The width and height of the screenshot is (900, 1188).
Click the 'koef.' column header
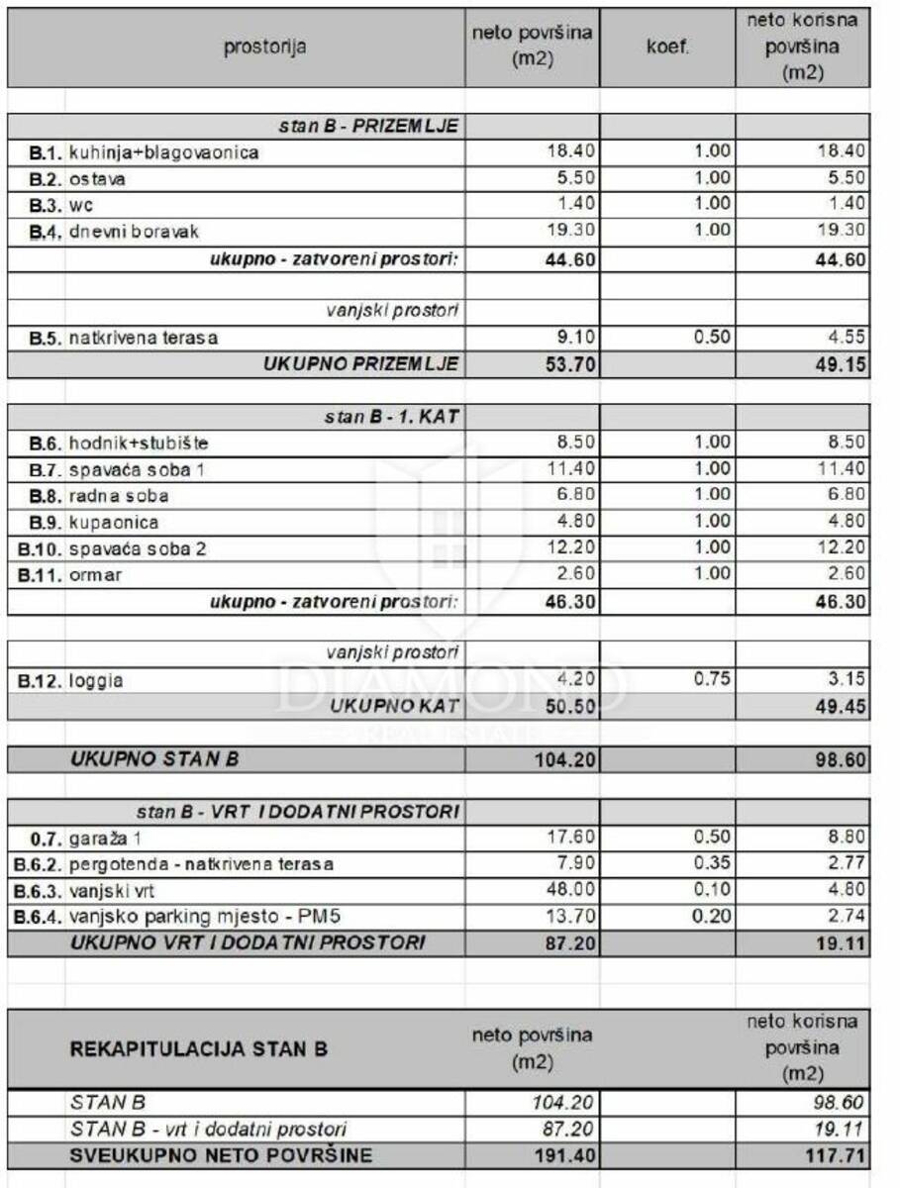tap(667, 47)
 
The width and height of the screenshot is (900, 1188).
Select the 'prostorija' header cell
tap(264, 47)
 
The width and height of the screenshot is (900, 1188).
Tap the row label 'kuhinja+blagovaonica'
tap(163, 152)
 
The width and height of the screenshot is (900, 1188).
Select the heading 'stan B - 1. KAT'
tap(391, 417)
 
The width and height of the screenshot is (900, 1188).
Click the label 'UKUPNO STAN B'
tap(153, 759)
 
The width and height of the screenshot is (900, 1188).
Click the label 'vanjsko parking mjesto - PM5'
tap(184, 917)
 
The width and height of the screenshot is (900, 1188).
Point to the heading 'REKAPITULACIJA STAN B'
tap(198, 1049)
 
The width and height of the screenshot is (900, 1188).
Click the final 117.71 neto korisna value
tap(837, 1154)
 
